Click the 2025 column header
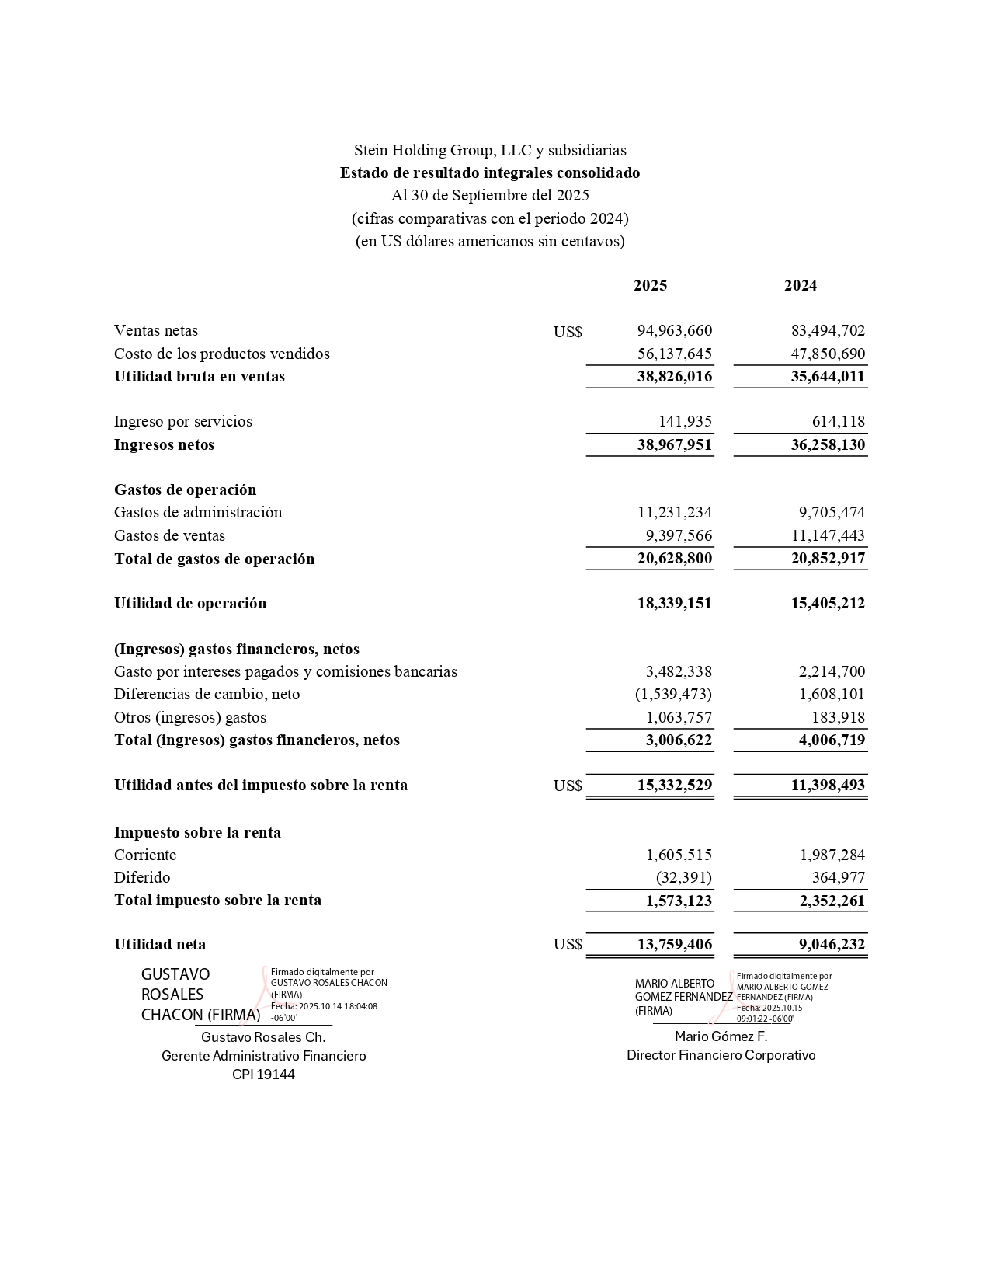coord(650,286)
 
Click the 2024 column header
coord(800,286)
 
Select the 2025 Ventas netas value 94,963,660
coord(674,331)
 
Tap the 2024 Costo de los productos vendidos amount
coord(828,354)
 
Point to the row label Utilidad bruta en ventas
coord(200,377)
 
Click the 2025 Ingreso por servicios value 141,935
coord(685,422)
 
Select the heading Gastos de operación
coord(185,490)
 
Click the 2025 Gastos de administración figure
coord(674,513)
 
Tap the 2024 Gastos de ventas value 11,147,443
coord(828,536)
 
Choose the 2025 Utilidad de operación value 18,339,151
coord(674,604)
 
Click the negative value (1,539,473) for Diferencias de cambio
coord(673,695)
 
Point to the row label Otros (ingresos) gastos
coord(190,718)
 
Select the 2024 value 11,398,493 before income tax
coord(828,786)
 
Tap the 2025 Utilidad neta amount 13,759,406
coord(674,945)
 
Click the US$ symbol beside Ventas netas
coord(568,333)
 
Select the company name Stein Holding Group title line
coord(490,151)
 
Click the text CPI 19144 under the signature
coord(263,1075)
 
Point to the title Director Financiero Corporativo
coord(721,1056)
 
